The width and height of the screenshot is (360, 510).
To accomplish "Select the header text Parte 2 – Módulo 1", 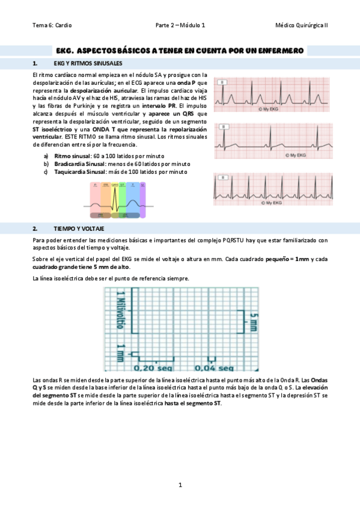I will point(180,25).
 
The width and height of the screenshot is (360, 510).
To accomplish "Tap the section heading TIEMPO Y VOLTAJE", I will point(78,229).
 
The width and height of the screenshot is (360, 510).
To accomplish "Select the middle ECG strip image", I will point(274,141).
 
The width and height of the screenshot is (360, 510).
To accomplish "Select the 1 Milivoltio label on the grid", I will point(120,310).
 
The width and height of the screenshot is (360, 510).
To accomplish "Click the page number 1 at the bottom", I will point(180,485).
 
